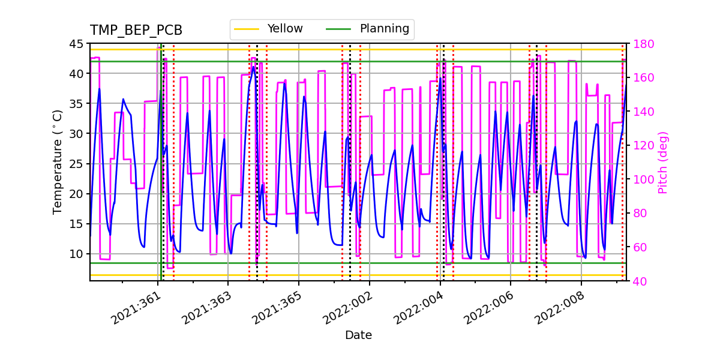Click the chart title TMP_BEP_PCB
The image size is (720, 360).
(x=136, y=31)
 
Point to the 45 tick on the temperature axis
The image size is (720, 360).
(x=76, y=44)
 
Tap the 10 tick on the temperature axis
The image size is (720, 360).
(x=76, y=254)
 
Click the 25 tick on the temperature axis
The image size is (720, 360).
(x=76, y=164)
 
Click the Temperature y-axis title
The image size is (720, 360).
(x=58, y=161)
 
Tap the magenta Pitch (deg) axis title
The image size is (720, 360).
(x=662, y=162)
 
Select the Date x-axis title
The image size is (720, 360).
(x=358, y=335)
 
